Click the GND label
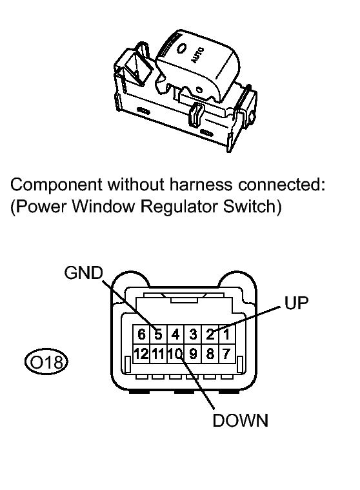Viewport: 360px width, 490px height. (83, 273)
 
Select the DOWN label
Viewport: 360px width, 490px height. (240, 421)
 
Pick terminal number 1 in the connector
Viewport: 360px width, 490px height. (225, 334)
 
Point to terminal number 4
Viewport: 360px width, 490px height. (174, 334)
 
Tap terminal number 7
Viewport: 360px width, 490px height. (225, 353)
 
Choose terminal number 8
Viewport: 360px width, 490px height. (208, 353)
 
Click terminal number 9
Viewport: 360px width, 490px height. (192, 353)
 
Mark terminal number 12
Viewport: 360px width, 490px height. (141, 353)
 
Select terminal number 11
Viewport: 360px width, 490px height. (157, 353)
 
